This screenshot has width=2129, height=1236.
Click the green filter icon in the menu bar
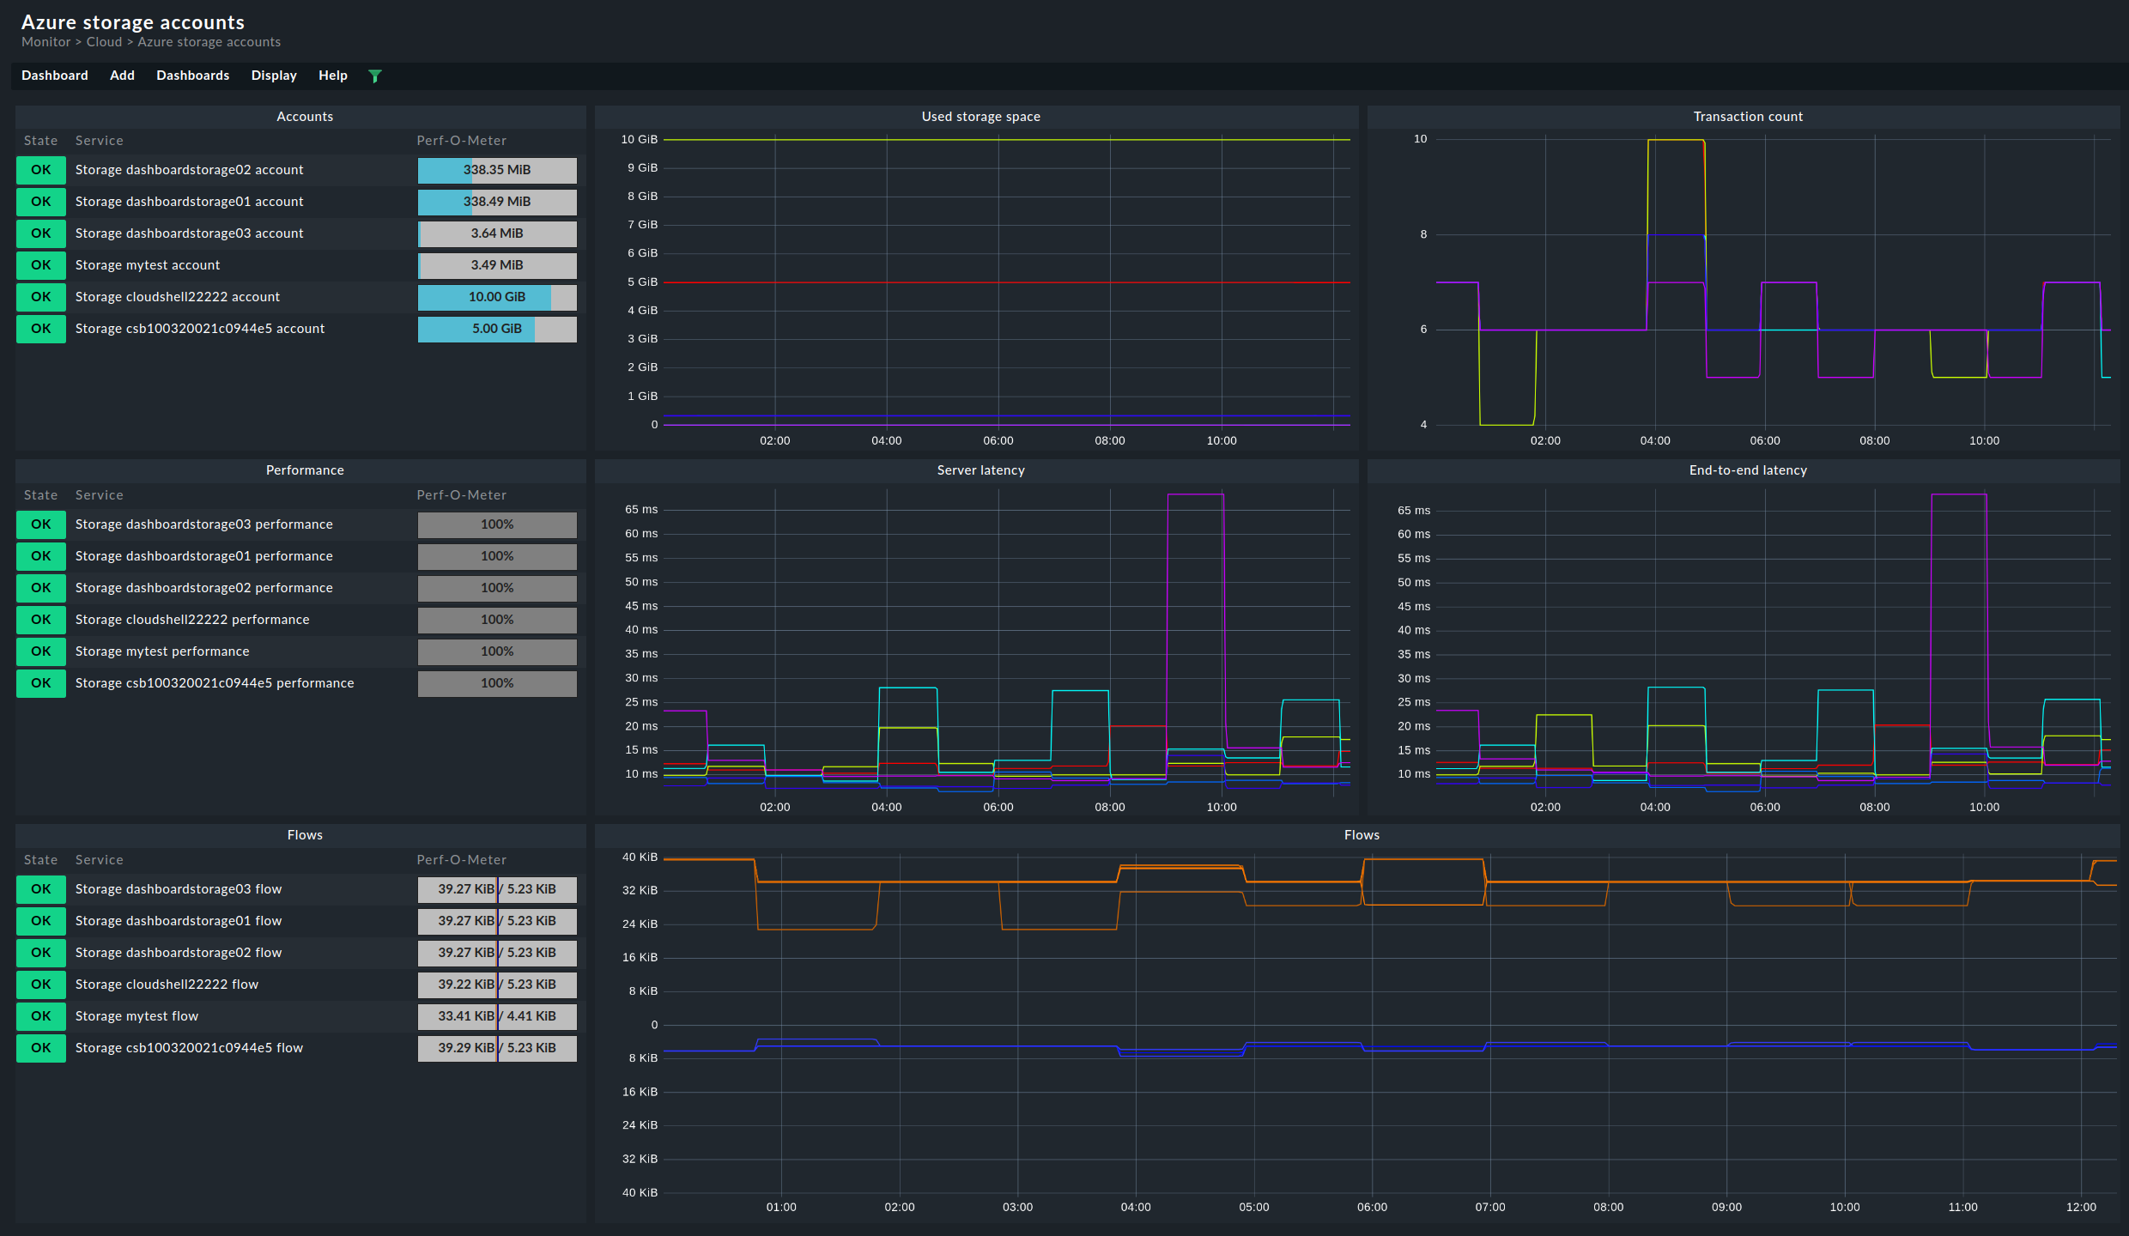(x=374, y=76)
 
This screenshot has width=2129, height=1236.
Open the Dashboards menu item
(x=192, y=76)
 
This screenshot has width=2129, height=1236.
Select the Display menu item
(x=274, y=76)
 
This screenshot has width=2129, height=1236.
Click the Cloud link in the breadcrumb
(x=104, y=42)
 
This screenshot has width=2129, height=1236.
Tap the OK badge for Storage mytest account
(x=40, y=265)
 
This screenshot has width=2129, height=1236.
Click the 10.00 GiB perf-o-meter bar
(x=496, y=297)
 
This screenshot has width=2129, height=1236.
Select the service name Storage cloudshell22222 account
(x=177, y=297)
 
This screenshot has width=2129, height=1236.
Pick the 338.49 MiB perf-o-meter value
(x=496, y=202)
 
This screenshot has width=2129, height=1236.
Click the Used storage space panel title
(x=980, y=117)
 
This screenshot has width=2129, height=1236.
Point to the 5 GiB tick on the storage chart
(x=642, y=282)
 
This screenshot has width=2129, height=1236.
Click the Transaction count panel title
(x=1747, y=117)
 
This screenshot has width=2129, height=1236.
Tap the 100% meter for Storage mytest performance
(x=496, y=651)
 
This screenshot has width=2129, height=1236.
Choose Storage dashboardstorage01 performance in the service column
(x=203, y=556)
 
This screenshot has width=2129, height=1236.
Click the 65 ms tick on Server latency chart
(x=640, y=510)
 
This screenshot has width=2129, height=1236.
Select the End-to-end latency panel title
(x=1747, y=470)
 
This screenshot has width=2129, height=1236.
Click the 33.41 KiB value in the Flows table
(x=465, y=1016)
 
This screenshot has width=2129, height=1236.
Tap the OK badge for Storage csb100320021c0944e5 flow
(x=40, y=1048)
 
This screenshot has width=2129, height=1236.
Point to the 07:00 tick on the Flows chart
(x=1489, y=1207)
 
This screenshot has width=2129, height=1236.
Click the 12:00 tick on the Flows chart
(x=2080, y=1207)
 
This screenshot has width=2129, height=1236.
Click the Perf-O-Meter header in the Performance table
(x=461, y=495)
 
